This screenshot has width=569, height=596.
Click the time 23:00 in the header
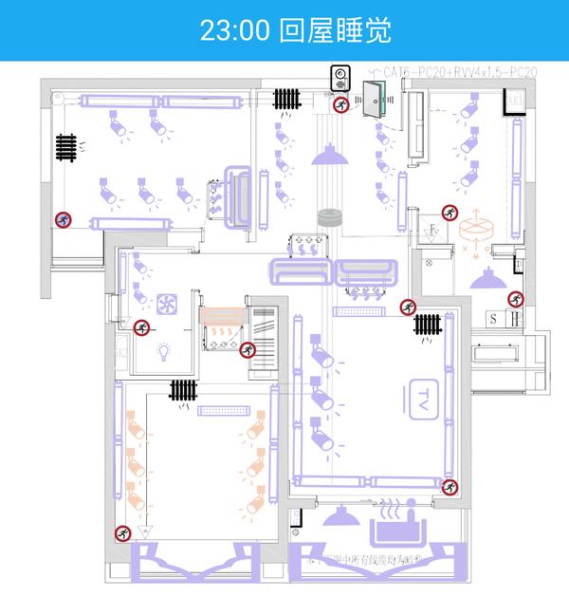(x=236, y=29)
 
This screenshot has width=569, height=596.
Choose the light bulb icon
(x=163, y=351)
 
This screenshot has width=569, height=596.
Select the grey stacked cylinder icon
(x=329, y=216)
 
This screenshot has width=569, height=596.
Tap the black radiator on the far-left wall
(x=65, y=147)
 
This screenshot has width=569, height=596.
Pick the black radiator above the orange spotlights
(x=183, y=388)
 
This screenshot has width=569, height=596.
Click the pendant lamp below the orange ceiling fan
(x=486, y=277)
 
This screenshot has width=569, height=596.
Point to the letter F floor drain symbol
(x=431, y=231)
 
